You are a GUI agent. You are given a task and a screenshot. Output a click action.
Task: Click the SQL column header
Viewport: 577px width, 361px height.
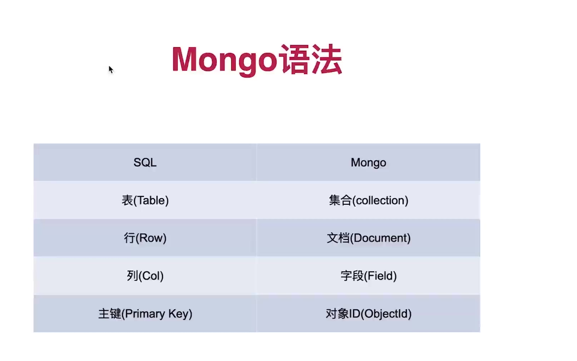click(145, 162)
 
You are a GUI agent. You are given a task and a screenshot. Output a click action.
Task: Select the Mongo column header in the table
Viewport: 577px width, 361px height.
click(368, 162)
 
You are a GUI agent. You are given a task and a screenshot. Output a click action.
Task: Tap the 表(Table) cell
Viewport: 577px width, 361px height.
click(145, 200)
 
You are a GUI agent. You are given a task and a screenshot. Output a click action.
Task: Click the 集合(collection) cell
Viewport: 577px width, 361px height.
click(369, 200)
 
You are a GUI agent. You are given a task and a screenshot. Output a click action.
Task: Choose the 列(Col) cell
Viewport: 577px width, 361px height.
click(145, 276)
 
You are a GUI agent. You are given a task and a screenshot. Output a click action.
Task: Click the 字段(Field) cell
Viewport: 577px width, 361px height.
click(369, 276)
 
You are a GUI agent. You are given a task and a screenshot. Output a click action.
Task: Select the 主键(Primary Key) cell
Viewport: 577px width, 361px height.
click(145, 314)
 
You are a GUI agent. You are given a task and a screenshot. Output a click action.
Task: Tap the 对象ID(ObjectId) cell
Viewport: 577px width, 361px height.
click(369, 314)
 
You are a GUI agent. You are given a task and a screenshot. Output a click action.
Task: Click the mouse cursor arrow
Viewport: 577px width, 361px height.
click(111, 69)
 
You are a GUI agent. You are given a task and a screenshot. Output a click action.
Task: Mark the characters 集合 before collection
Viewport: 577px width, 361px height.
click(340, 200)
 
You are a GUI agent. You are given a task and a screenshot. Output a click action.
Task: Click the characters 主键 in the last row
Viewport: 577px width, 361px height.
click(110, 314)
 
